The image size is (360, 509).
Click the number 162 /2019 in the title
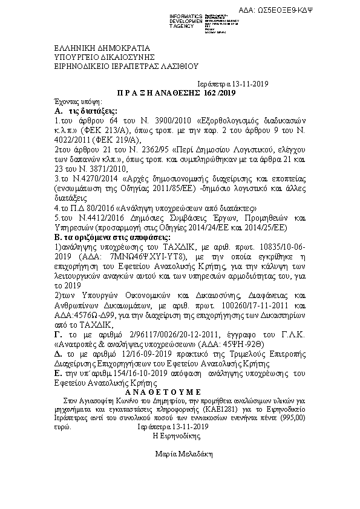point(221,93)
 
